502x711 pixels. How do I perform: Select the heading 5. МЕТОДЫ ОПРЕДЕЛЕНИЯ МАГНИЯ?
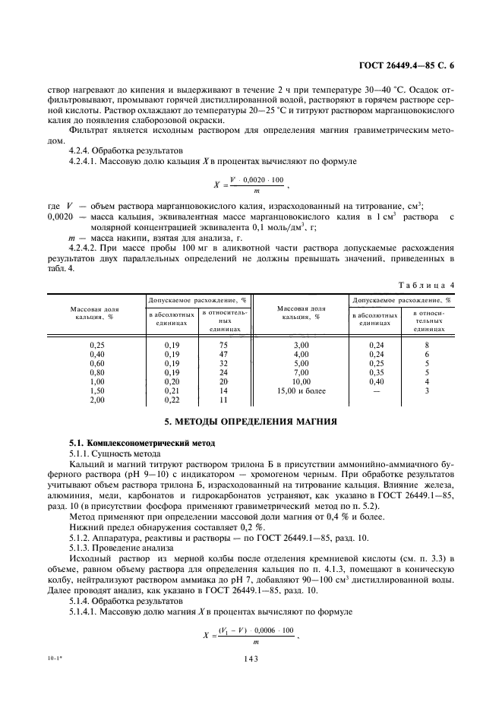pyautogui.click(x=251, y=421)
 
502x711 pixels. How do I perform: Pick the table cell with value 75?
pyautogui.click(x=223, y=344)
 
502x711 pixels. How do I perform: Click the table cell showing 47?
pyautogui.click(x=223, y=354)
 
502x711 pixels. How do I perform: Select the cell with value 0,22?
pyautogui.click(x=172, y=399)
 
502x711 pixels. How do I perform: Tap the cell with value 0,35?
pyautogui.click(x=377, y=372)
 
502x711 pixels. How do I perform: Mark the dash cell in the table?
pyautogui.click(x=377, y=390)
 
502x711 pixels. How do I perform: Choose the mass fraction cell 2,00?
pyautogui.click(x=96, y=399)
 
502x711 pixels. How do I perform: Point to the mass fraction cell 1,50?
pyautogui.click(x=96, y=390)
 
